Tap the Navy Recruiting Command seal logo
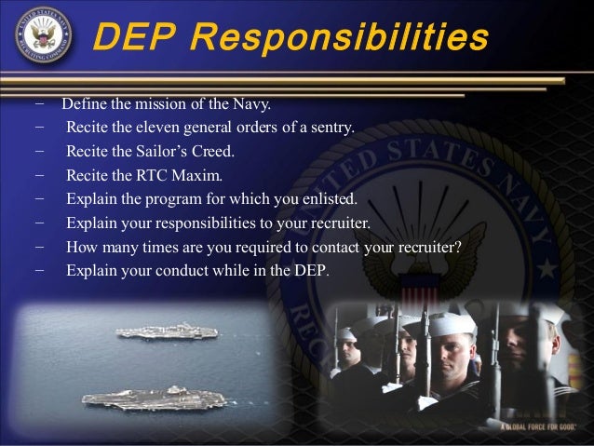pos(44,37)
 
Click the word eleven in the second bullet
pos(167,127)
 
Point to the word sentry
pos(331,127)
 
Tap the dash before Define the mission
pos(39,102)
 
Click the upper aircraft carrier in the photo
pos(167,331)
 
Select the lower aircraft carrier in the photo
pos(154,398)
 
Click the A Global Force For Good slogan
pos(539,426)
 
